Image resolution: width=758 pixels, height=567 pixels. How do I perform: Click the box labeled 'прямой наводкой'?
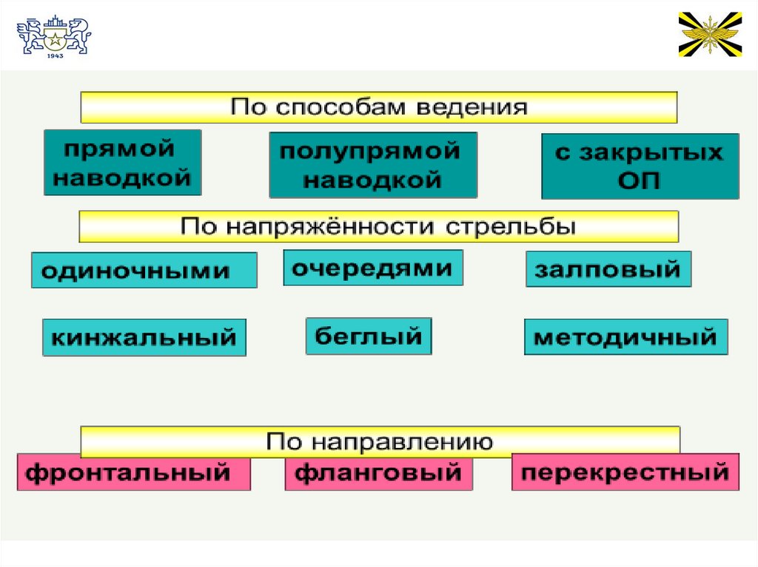(123, 163)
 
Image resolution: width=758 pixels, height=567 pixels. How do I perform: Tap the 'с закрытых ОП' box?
(640, 166)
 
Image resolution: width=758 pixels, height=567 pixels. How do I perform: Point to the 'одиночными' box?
(144, 270)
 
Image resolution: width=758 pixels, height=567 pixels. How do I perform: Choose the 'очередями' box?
(372, 268)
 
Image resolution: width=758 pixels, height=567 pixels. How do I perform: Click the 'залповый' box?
(608, 269)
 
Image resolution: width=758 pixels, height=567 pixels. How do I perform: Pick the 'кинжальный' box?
(144, 338)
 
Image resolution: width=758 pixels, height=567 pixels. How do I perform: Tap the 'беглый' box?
(369, 336)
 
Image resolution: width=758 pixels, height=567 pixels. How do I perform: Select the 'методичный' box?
(625, 337)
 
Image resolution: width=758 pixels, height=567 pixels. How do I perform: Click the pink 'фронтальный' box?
(133, 472)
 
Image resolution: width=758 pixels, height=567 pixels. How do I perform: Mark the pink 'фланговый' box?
(378, 472)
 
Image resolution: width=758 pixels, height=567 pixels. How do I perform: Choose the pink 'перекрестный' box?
(625, 472)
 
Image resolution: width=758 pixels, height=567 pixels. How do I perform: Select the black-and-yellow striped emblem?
(710, 34)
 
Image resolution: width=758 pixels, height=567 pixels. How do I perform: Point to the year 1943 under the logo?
(54, 55)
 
